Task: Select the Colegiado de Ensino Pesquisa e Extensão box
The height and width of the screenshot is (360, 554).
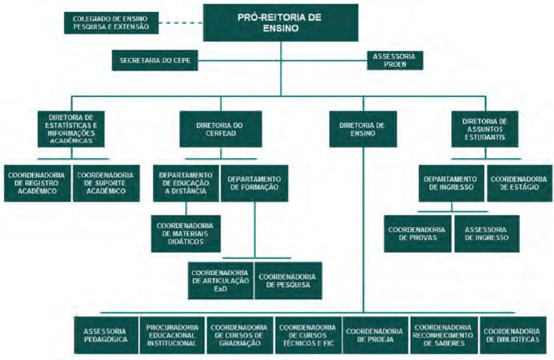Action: (111, 22)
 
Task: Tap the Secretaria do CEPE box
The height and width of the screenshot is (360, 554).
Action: (155, 61)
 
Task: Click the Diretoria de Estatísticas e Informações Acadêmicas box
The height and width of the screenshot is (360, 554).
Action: (71, 128)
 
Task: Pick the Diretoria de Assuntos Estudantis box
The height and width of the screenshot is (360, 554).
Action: (485, 128)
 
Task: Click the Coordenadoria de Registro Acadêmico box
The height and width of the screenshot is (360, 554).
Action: (38, 183)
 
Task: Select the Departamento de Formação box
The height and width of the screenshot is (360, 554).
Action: (254, 183)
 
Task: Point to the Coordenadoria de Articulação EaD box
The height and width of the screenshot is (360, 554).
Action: (221, 280)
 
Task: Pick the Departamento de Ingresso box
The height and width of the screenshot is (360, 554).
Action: (450, 183)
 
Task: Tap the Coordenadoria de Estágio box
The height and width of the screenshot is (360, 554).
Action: (517, 183)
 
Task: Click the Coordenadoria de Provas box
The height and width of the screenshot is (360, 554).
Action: (419, 233)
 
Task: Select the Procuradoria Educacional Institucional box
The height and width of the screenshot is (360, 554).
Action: (172, 335)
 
